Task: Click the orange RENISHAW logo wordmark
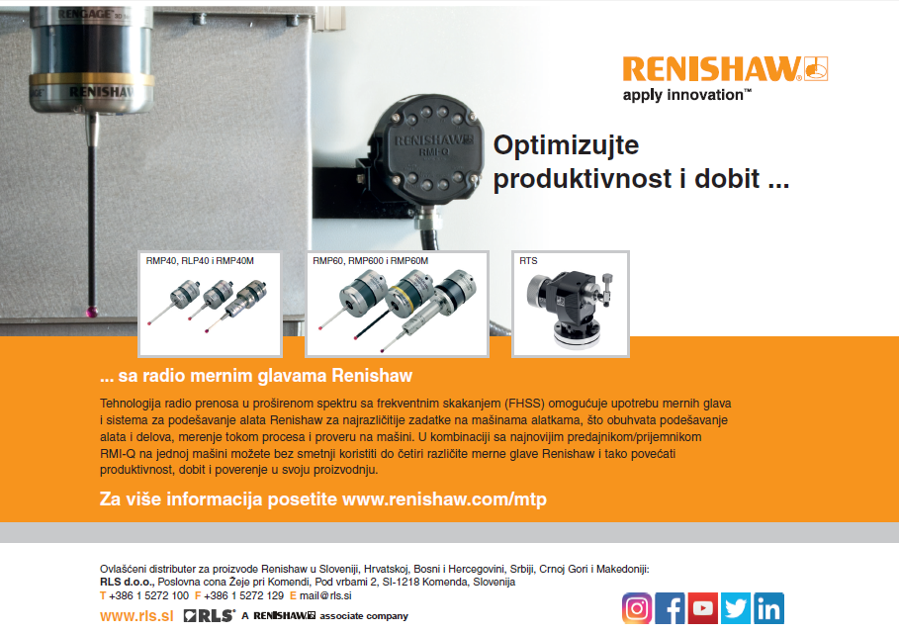(711, 69)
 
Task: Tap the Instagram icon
(637, 608)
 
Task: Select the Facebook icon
(670, 608)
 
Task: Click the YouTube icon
(703, 608)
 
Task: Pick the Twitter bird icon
(736, 608)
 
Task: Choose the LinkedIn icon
(768, 608)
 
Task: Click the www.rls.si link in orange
(136, 616)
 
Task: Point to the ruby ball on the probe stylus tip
(91, 312)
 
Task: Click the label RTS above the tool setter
(528, 261)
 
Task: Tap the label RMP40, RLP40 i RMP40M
(200, 261)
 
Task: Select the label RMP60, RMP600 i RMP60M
(370, 261)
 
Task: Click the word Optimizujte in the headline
(566, 145)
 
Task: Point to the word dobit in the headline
(727, 178)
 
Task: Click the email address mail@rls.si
(325, 595)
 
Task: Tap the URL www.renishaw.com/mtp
(444, 498)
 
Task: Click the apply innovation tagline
(686, 95)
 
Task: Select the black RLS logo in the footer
(210, 616)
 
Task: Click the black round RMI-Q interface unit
(425, 150)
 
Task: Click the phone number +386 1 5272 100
(148, 595)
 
